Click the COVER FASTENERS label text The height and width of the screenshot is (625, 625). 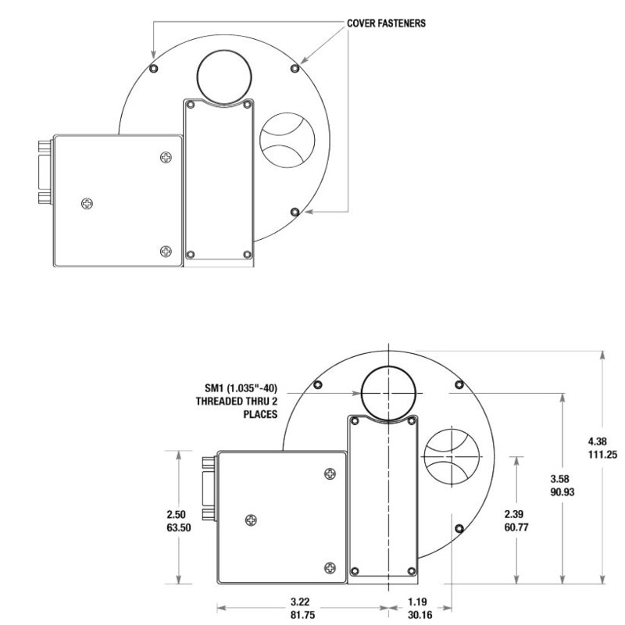387,23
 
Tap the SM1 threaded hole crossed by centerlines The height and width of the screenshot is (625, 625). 388,391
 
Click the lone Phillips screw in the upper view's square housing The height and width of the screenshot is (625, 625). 87,204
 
